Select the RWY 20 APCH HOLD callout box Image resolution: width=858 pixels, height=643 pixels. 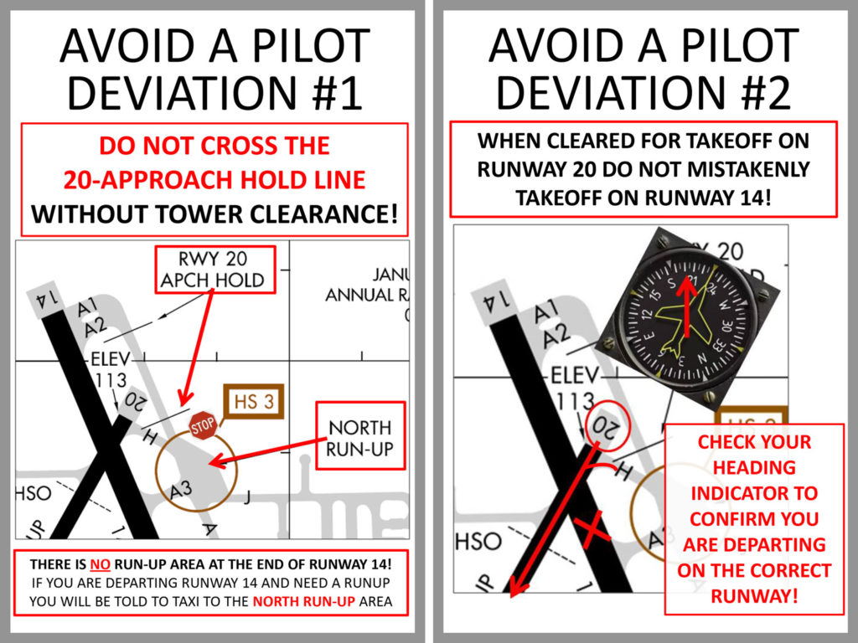click(x=213, y=270)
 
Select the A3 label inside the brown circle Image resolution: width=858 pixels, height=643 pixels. click(x=180, y=491)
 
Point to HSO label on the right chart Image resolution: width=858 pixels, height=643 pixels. click(x=478, y=542)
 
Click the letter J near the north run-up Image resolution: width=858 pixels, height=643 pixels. click(x=247, y=500)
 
